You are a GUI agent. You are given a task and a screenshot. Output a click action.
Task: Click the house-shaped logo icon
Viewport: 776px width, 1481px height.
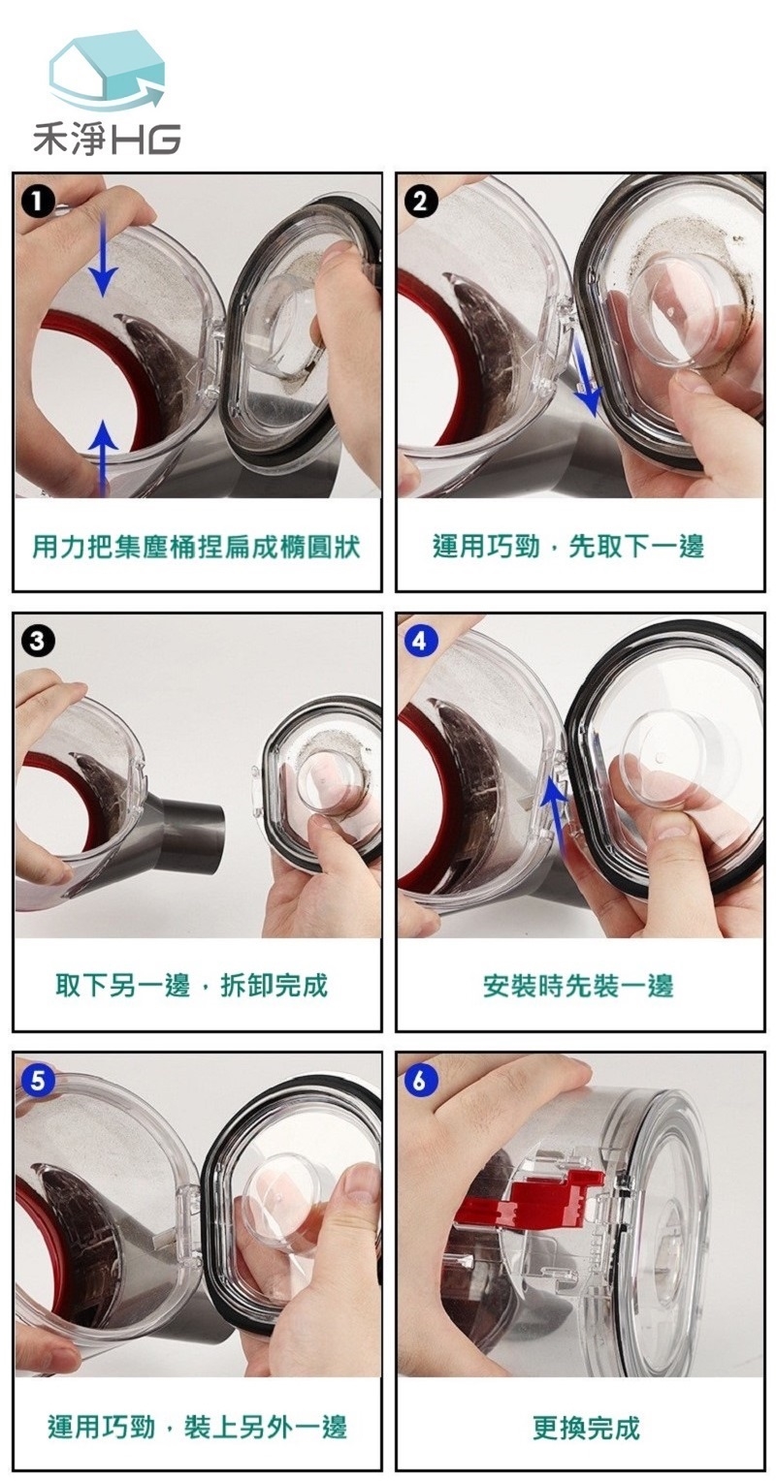tap(107, 72)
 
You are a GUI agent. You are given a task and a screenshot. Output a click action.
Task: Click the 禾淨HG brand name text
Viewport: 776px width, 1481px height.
tap(107, 139)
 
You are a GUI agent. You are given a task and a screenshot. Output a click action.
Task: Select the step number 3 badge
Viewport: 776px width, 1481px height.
tap(38, 642)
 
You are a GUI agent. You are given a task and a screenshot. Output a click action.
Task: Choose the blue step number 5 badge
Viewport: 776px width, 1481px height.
tap(38, 1080)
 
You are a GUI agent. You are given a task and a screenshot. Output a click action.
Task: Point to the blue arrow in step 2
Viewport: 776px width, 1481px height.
tap(586, 378)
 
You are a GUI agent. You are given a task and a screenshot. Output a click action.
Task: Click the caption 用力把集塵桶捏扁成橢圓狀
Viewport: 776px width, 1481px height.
tap(197, 547)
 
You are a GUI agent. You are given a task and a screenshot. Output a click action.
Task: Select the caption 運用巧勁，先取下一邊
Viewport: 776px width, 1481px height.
tap(568, 546)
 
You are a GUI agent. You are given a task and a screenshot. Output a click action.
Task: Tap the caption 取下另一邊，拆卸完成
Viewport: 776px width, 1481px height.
tap(192, 986)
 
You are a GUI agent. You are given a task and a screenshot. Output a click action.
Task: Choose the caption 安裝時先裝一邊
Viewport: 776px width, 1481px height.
tap(578, 986)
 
